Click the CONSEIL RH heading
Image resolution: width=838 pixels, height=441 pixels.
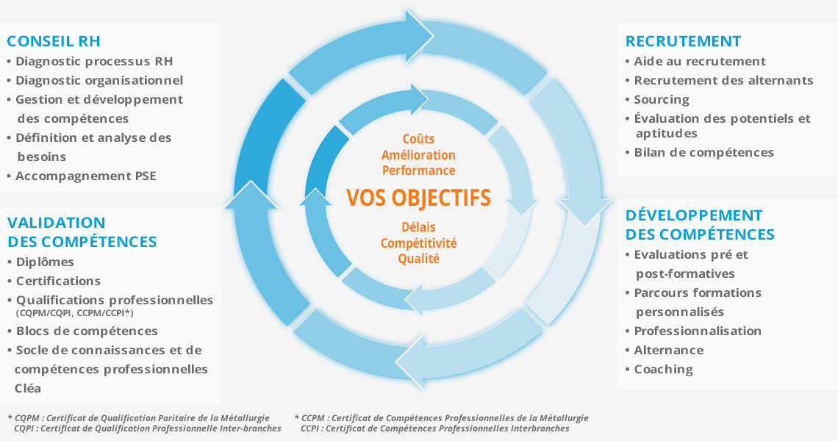tap(54, 41)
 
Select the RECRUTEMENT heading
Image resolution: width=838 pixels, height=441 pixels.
tap(683, 41)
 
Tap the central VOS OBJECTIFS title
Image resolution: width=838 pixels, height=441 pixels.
tap(418, 198)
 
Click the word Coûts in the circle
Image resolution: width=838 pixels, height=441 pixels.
tap(418, 139)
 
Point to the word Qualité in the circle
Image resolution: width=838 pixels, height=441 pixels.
tap(418, 259)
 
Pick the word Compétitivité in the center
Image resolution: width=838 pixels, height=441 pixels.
tap(418, 243)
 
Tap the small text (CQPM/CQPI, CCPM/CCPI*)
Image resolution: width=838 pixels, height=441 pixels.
tap(75, 313)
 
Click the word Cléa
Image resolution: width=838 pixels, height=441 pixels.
tap(28, 388)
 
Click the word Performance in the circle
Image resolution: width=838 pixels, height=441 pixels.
tap(418, 171)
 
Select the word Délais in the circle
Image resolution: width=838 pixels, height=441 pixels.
tap(418, 227)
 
